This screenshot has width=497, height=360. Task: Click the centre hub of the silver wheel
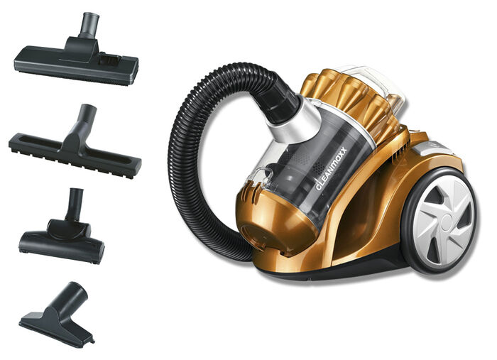[447, 220]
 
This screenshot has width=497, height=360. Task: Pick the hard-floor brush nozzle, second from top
[75, 143]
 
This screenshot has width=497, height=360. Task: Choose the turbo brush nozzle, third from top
[62, 228]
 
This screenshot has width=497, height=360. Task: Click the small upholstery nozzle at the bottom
[56, 315]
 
